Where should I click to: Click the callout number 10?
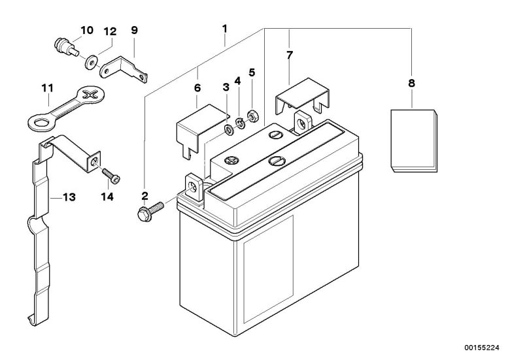87,30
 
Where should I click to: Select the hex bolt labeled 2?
150,211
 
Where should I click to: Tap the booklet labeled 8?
414,140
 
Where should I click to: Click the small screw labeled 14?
111,176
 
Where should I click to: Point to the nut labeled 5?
253,116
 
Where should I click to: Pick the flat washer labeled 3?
229,130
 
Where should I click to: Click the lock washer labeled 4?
241,123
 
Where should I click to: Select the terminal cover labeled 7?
302,95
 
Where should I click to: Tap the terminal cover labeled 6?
201,128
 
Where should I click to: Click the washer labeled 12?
91,62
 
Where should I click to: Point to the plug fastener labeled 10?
66,47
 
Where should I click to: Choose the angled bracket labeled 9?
123,69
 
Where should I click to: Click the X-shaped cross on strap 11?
90,95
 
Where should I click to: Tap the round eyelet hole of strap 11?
42,123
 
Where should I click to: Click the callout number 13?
69,197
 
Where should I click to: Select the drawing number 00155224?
481,348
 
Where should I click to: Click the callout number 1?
225,29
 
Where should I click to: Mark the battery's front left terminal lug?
194,188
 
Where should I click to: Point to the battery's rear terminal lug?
303,123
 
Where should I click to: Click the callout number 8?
411,83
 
